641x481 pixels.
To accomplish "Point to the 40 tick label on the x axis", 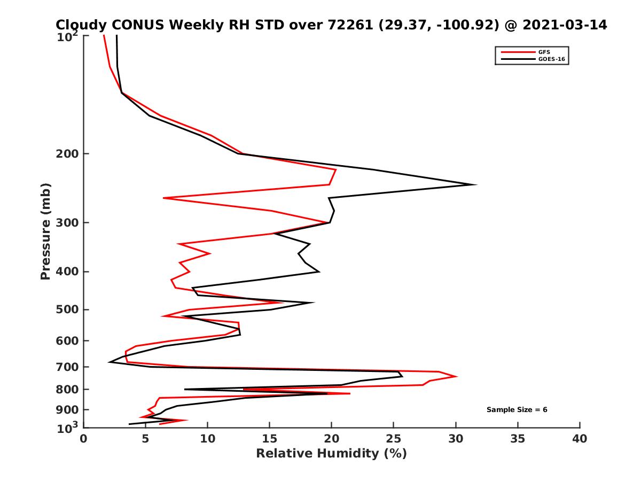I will point(580,439).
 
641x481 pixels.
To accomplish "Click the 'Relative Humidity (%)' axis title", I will point(331,454).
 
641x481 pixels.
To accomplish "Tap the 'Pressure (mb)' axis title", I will point(45,231).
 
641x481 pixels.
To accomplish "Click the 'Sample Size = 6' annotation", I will point(517,410).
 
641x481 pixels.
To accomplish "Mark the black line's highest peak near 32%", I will point(475,184).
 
